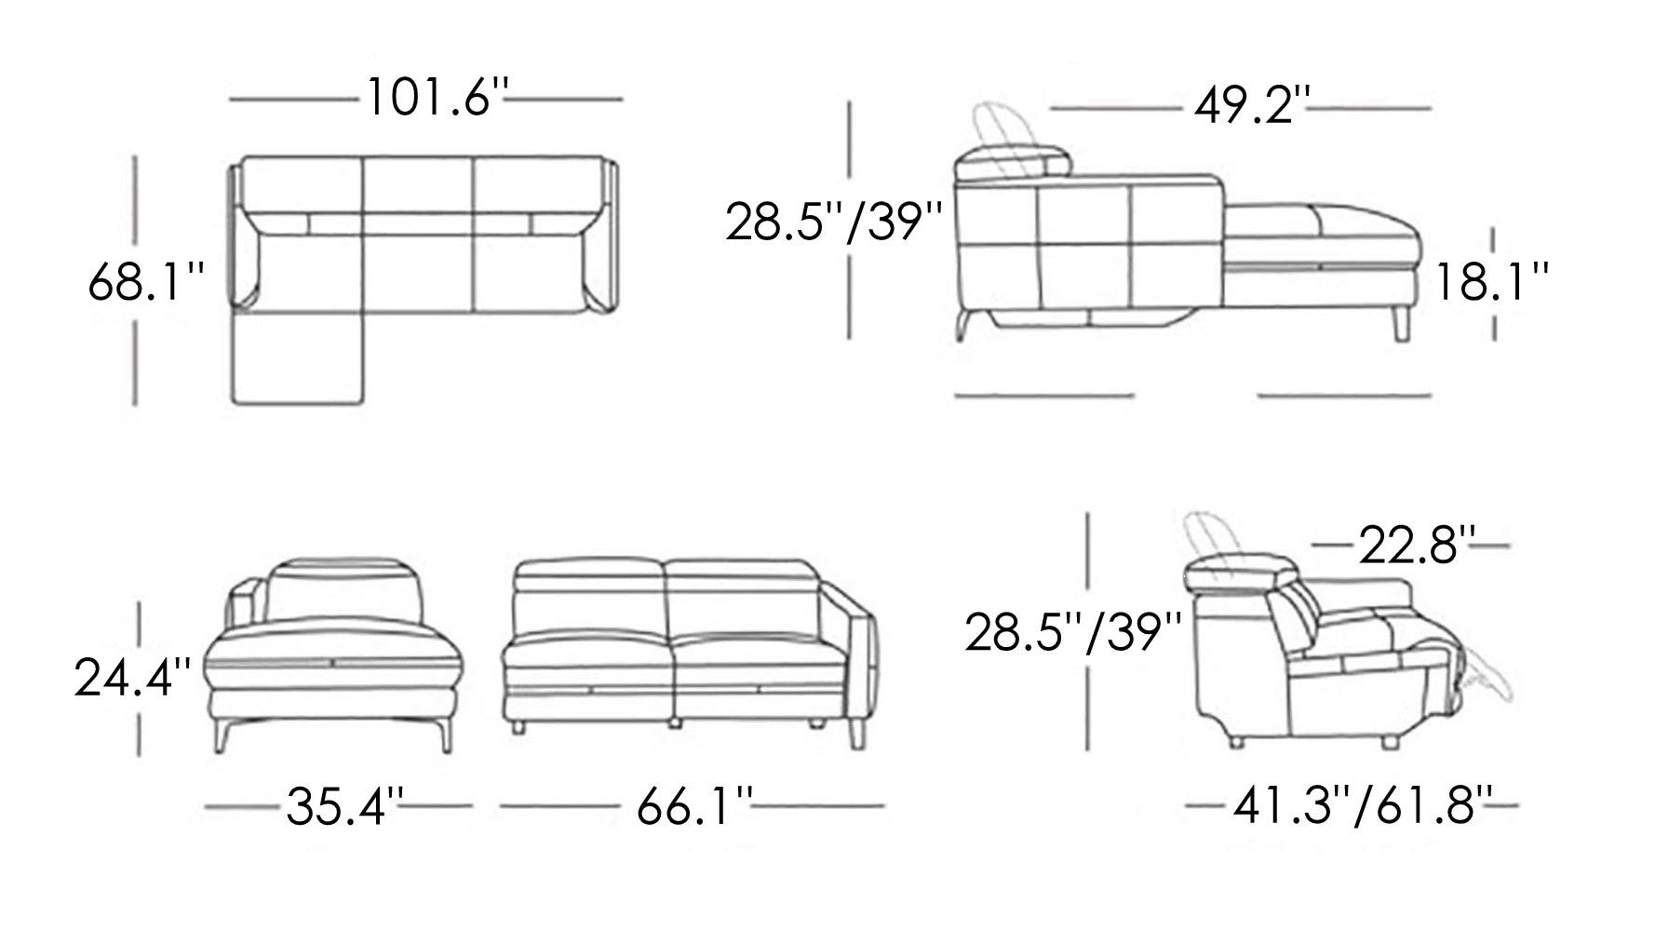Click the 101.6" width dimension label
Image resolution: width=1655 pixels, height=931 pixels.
click(438, 98)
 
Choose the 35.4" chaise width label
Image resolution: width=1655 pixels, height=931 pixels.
click(345, 807)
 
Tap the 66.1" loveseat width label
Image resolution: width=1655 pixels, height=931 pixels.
click(694, 807)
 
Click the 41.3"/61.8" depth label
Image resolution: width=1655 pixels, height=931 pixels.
click(1364, 806)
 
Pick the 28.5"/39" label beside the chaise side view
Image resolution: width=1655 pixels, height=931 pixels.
click(834, 224)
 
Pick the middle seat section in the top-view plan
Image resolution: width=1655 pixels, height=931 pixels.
click(419, 270)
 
